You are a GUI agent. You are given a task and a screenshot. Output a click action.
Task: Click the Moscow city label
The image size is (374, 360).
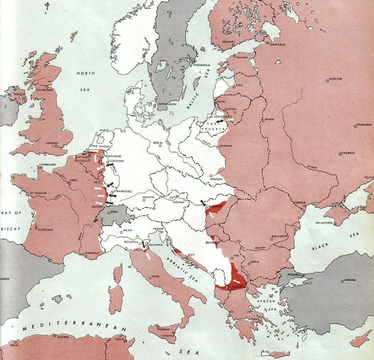pos(334,79)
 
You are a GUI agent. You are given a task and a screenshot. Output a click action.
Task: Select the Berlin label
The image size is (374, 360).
pos(158,143)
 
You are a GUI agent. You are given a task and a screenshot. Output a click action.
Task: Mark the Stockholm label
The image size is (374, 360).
pos(201,65)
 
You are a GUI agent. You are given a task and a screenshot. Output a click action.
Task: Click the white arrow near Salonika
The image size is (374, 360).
pos(239,281)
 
